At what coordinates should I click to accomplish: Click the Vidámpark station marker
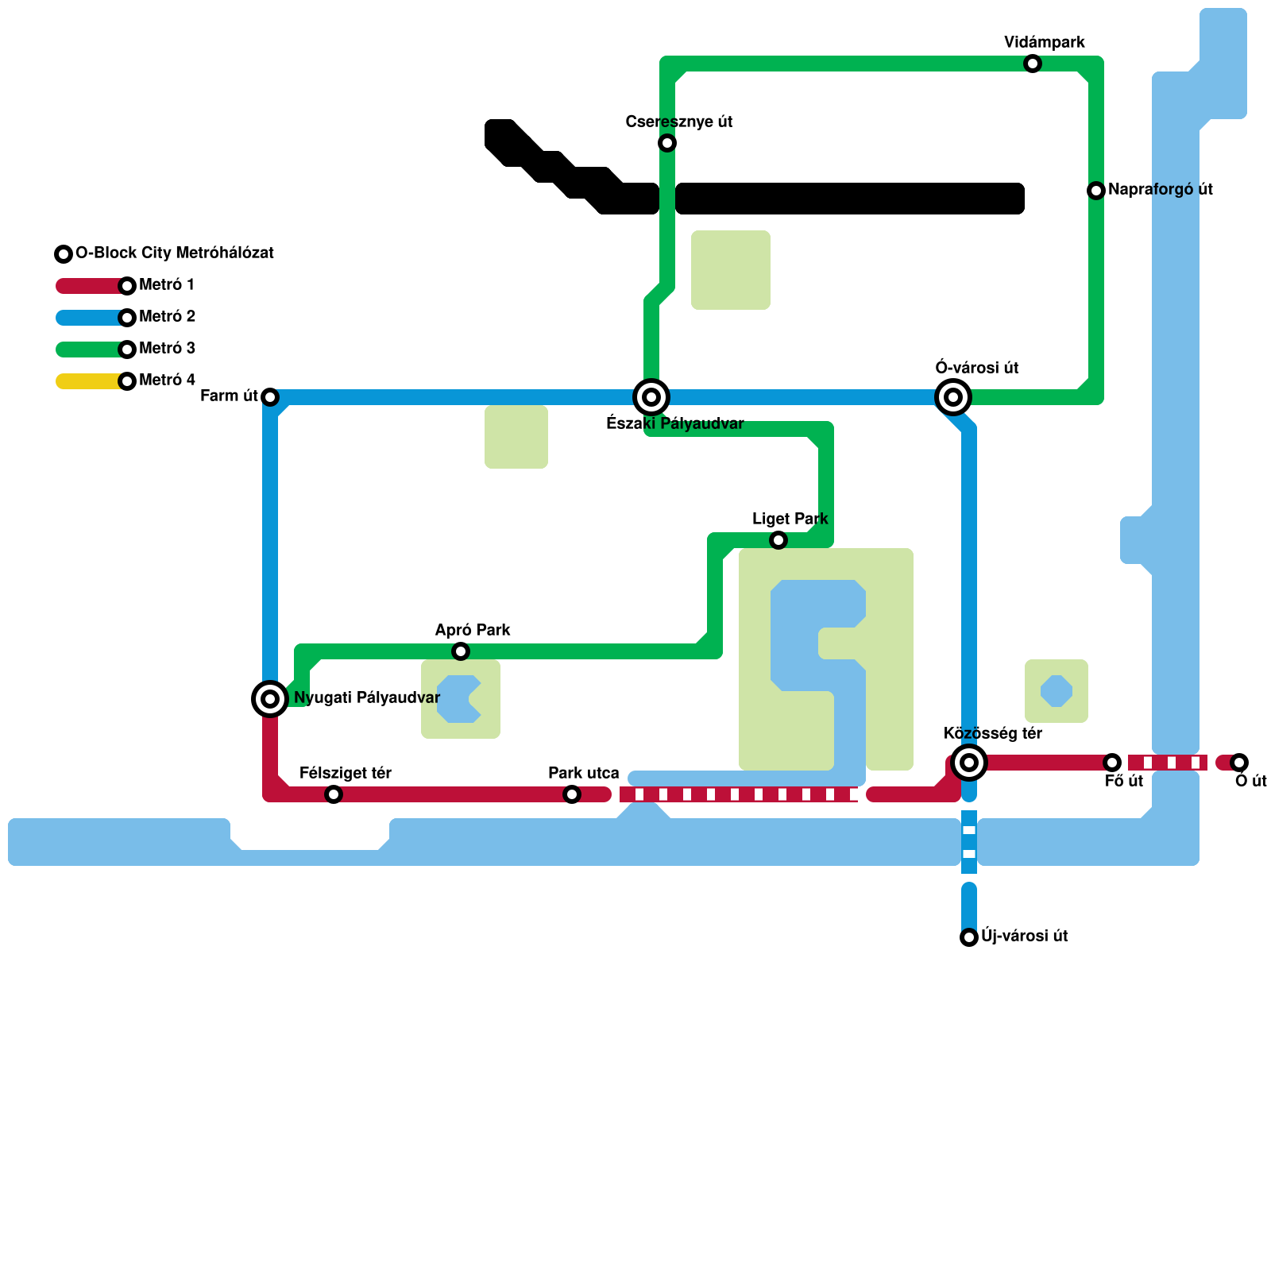pos(1033,64)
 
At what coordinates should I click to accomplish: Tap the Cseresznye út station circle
pos(667,143)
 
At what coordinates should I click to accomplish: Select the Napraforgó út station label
pos(1160,190)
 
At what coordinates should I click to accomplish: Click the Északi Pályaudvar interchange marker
pos(651,397)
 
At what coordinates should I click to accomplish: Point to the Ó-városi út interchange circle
pos(953,397)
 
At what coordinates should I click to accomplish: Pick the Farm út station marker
pos(270,397)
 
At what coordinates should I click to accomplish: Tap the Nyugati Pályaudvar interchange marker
pos(270,699)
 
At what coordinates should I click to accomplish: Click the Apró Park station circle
pos(461,651)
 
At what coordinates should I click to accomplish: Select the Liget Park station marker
pos(778,540)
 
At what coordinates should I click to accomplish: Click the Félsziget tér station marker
pos(334,794)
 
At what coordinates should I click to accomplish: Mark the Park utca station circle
pos(572,794)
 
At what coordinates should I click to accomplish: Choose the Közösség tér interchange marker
pos(969,763)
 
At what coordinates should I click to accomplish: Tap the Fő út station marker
pos(1112,763)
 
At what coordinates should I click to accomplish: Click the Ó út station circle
pos(1239,763)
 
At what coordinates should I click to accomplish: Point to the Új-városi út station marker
pos(969,937)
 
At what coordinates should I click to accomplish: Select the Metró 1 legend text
pos(167,285)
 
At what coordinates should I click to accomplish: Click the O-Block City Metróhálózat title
pos(175,253)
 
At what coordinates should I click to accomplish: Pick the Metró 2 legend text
pos(167,317)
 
